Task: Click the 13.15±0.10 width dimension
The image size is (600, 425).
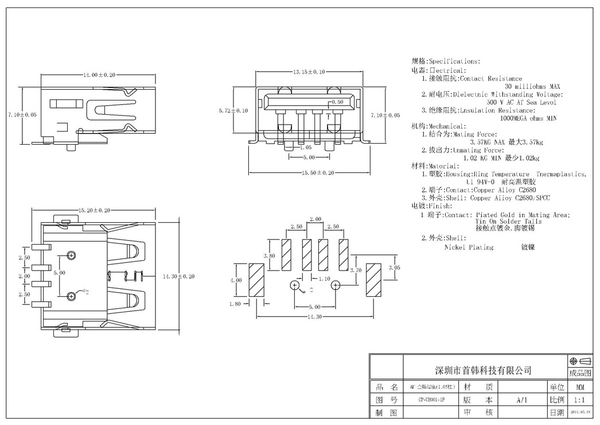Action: coord(309,72)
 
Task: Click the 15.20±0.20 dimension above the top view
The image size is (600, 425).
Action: coord(94,210)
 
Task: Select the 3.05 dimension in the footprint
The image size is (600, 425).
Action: coord(394,268)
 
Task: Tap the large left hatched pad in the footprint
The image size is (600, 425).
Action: coord(255,280)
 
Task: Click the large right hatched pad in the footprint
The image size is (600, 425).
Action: coord(373,280)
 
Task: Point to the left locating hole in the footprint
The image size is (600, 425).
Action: coord(295,285)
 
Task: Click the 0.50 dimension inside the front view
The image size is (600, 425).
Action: coord(338,102)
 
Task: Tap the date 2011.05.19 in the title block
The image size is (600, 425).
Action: coord(580,412)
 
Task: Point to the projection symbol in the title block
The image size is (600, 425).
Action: coord(580,361)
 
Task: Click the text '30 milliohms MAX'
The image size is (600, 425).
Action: coord(532,86)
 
